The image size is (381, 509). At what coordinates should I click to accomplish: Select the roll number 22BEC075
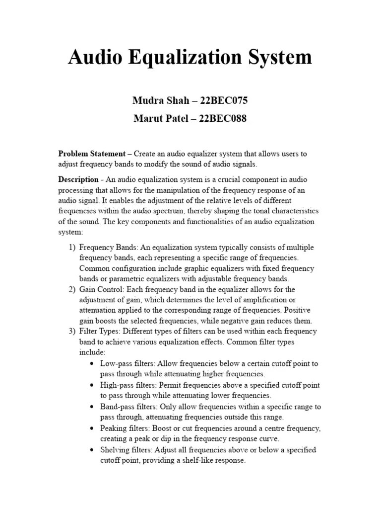[223, 101]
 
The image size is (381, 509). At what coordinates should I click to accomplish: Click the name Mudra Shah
[161, 101]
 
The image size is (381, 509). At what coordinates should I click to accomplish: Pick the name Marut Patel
[162, 119]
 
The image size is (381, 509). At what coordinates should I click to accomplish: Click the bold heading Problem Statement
[92, 154]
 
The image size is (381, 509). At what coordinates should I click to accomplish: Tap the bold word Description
[78, 179]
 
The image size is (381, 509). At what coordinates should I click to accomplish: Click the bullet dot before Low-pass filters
[92, 363]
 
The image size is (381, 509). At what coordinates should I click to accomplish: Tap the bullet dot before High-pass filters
[92, 385]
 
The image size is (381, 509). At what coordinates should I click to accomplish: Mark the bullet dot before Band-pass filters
[92, 406]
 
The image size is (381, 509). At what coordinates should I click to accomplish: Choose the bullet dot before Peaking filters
[92, 428]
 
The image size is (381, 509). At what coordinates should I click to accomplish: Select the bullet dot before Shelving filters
[92, 449]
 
